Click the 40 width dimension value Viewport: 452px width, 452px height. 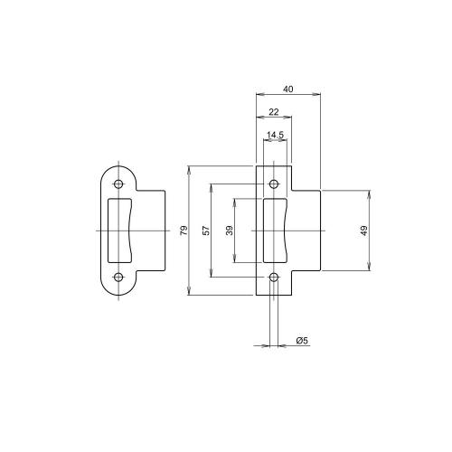coord(287,89)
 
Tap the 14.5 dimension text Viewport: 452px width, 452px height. coord(276,135)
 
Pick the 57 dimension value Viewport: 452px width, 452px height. coord(205,231)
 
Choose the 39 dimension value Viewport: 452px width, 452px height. coord(229,231)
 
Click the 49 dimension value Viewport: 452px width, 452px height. coord(363,231)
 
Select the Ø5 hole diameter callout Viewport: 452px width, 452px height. coord(303,341)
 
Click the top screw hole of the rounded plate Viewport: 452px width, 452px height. coord(118,184)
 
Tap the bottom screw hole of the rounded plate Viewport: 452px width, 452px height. coord(118,278)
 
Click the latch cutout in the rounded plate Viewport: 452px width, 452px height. coord(118,231)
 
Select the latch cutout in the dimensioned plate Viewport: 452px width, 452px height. coord(275,231)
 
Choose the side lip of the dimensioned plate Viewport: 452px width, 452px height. coord(307,231)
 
